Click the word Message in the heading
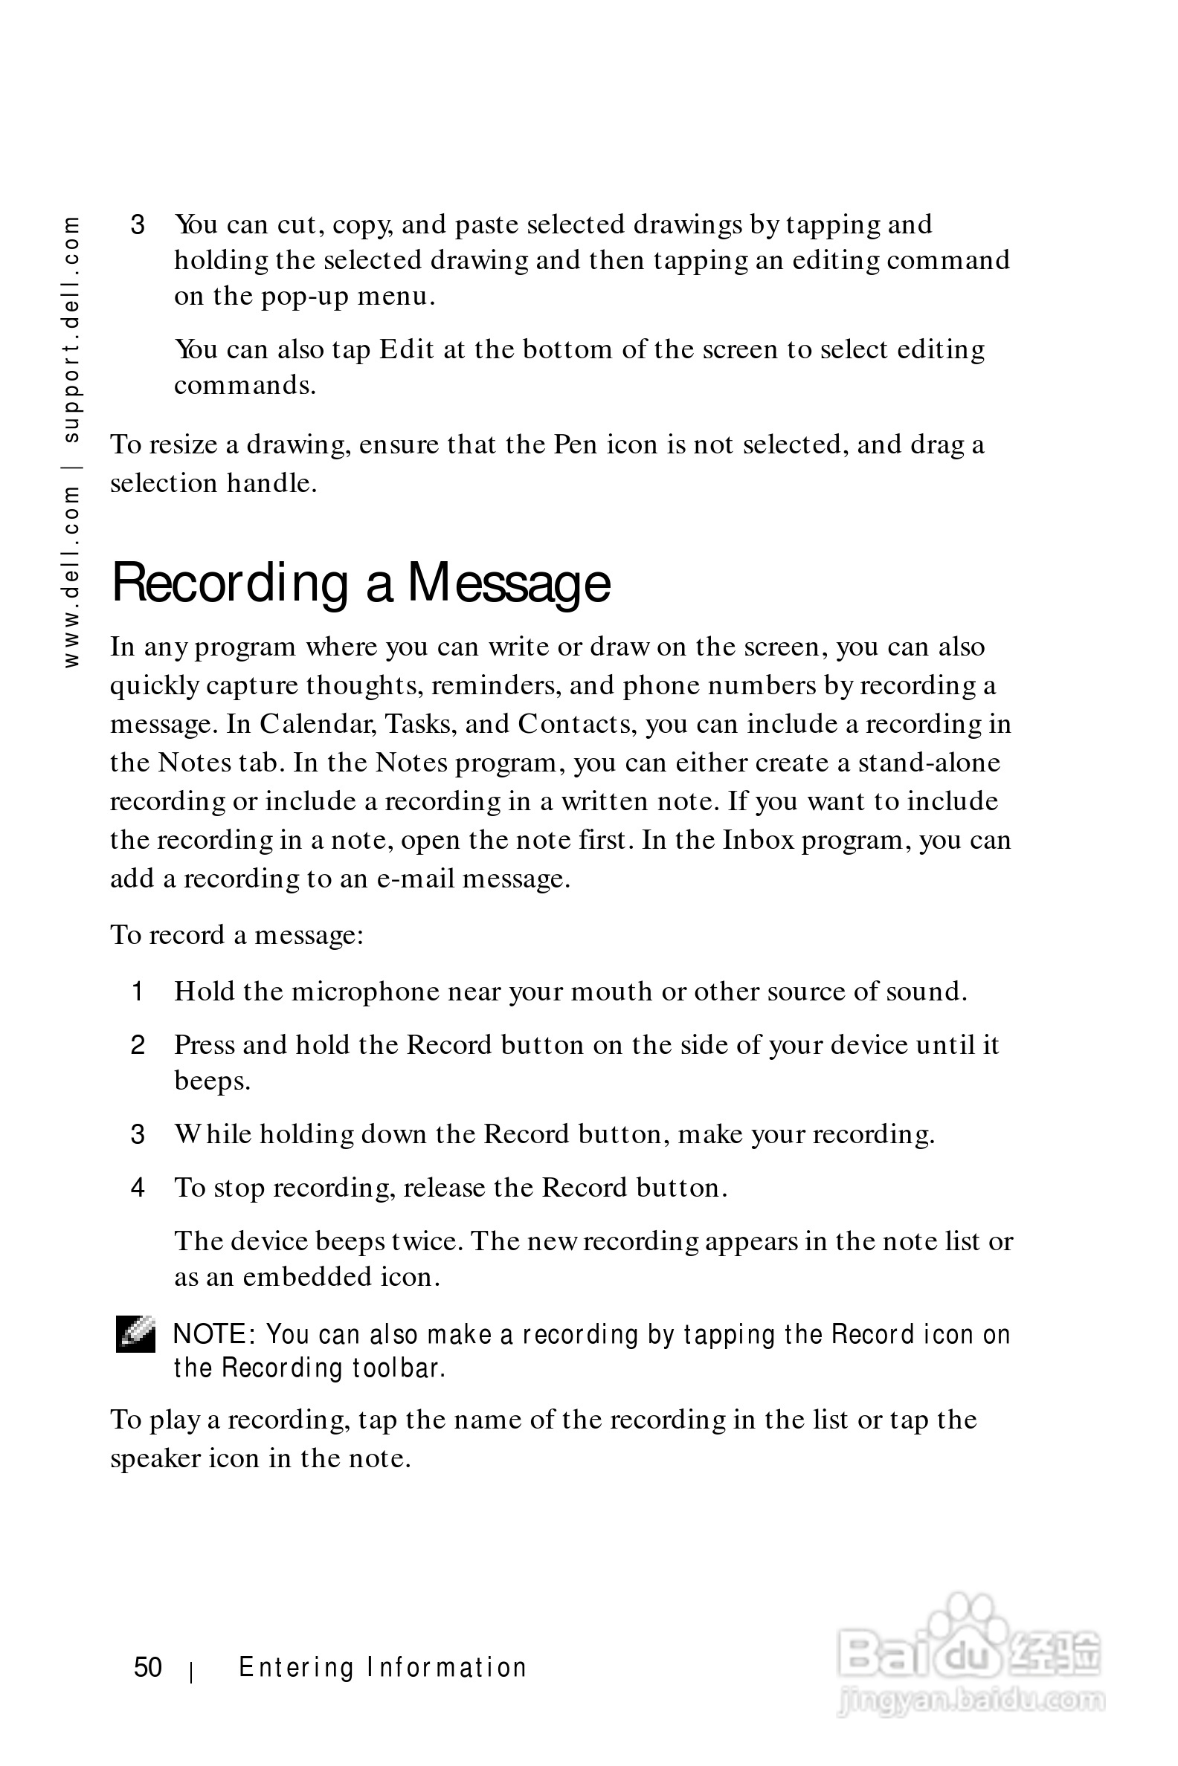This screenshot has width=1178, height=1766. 509,584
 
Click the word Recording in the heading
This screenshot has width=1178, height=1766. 230,584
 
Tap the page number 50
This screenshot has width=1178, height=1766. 148,1667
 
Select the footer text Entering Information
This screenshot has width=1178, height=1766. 382,1667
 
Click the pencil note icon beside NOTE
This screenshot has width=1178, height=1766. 135,1334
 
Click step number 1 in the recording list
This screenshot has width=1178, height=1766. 138,992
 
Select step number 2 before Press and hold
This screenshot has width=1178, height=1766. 138,1045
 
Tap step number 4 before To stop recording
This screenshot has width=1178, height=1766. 138,1188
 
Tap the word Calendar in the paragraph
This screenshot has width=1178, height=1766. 318,724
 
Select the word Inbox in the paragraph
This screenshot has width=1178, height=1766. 758,839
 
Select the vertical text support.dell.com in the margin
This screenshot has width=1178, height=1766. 71,329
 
